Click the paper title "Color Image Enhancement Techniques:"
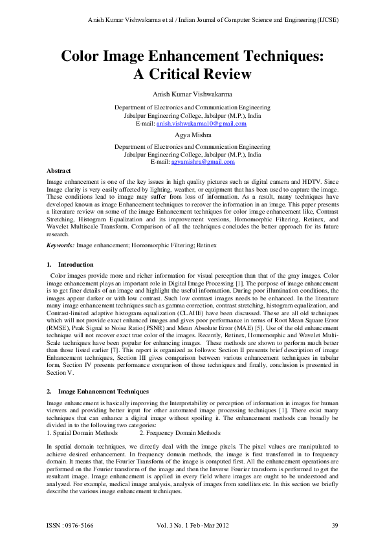point(192,55)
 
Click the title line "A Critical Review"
point(192,74)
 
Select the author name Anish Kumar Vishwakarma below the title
point(192,95)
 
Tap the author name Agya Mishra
point(192,135)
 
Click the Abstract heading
point(58,170)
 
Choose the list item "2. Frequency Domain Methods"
point(179,432)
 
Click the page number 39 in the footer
point(335,524)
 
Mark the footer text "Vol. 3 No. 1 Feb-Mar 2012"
point(192,524)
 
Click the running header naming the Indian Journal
point(213,19)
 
